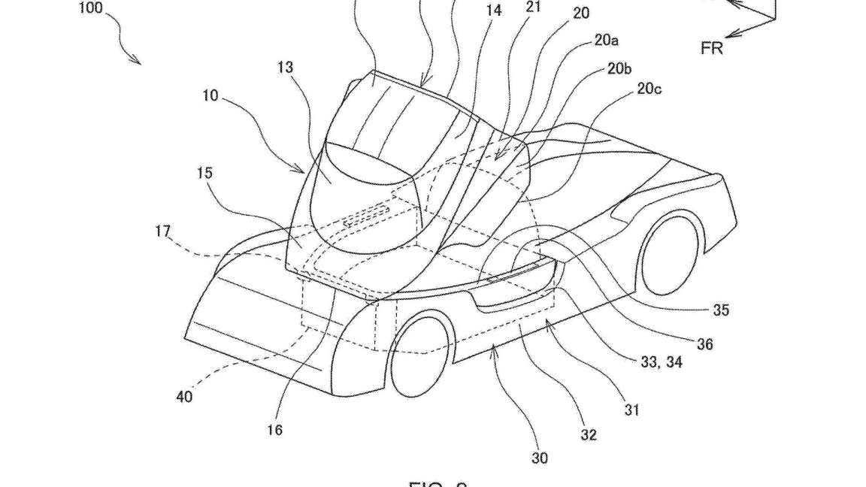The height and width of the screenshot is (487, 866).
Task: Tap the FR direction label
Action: click(x=713, y=49)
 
